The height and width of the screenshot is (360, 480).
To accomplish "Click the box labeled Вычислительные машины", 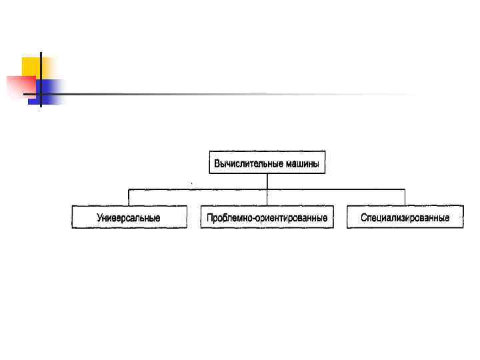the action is pos(267,162).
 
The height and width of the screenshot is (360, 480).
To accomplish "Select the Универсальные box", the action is pos(129,217).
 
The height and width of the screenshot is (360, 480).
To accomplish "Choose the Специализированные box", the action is pos(405,217).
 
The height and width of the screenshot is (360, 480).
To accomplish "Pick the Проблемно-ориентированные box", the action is pos(267,217).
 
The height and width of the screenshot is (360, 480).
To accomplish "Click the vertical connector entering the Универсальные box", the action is pos(129,197).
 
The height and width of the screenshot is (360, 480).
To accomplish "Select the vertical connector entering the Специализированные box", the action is pos(405,197).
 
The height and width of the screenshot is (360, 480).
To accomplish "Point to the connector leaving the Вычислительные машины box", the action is pos(267,181).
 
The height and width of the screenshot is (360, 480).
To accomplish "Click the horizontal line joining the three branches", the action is pos(200,189).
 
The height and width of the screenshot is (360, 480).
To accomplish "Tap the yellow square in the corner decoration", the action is pos(31,67).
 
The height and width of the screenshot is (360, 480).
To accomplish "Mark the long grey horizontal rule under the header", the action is pos(233,94).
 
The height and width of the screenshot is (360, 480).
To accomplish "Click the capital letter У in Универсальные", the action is pos(100,218).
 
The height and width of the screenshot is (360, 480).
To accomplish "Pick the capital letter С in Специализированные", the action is pos(364,218).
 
